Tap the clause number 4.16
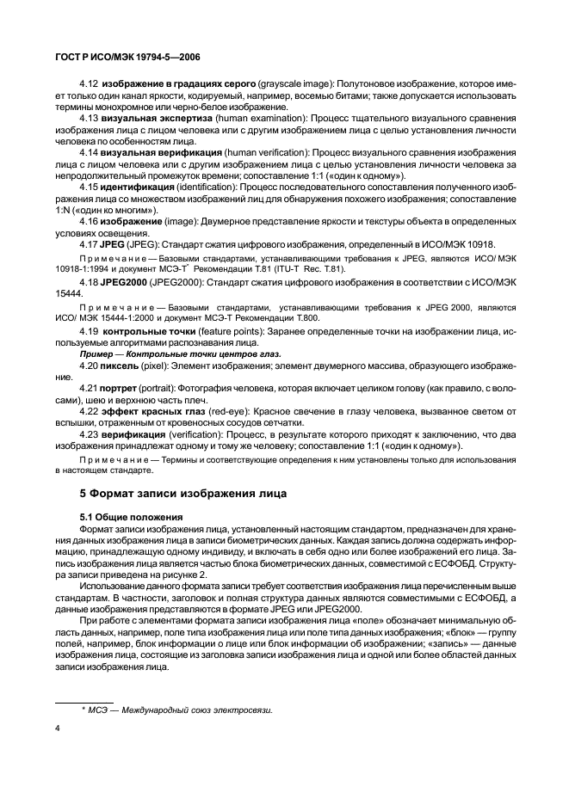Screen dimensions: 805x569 (90, 220)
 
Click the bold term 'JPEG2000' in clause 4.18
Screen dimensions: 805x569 (125, 282)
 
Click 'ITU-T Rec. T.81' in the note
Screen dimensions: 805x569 (296, 267)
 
